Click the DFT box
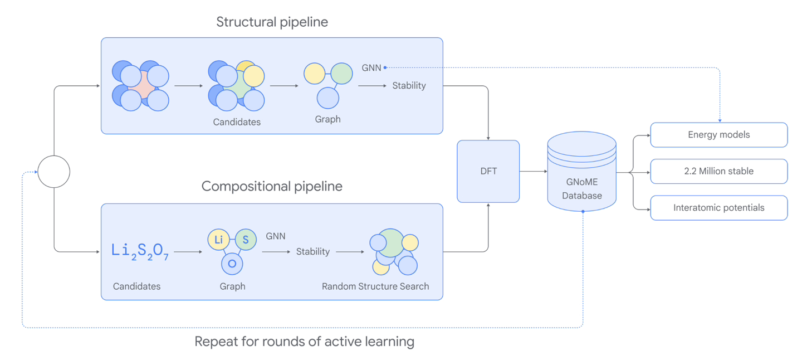click(x=488, y=171)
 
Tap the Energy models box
click(x=718, y=135)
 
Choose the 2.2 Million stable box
click(x=718, y=172)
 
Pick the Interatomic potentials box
click(x=718, y=208)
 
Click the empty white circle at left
click(x=54, y=172)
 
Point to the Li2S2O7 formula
click(x=140, y=251)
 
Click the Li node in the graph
click(x=218, y=240)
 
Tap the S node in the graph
click(x=245, y=240)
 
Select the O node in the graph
click(x=232, y=264)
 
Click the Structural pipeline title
click(x=272, y=22)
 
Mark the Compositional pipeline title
click(x=272, y=186)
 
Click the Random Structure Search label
click(x=375, y=286)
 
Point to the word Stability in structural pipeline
click(x=409, y=86)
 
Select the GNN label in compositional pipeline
click(x=275, y=236)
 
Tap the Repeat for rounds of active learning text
click(x=304, y=342)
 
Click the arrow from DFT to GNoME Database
click(x=533, y=172)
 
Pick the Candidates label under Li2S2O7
click(x=136, y=286)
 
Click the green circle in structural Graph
click(x=341, y=74)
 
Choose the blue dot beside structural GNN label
click(x=385, y=68)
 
